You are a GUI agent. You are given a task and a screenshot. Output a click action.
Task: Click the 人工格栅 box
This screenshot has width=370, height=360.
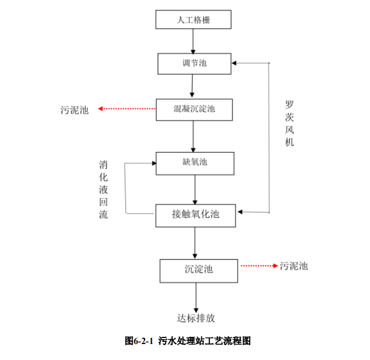tap(193, 20)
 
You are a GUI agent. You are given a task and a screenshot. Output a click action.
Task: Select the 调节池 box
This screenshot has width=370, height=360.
tap(194, 63)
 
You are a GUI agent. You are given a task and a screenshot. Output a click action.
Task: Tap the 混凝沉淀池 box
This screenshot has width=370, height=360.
tap(194, 109)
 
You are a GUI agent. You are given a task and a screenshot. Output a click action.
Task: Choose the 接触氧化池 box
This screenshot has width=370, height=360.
tap(196, 215)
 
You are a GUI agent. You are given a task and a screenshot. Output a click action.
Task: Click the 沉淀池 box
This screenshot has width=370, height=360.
tap(198, 270)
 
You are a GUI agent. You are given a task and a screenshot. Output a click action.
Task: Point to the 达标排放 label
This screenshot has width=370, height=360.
tap(196, 318)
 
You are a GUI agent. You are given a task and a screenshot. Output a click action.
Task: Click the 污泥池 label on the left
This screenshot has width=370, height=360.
tap(74, 110)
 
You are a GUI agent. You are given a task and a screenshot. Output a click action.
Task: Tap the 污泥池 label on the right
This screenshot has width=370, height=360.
tap(294, 266)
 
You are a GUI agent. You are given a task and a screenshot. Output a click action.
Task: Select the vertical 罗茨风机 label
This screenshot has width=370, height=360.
tap(290, 123)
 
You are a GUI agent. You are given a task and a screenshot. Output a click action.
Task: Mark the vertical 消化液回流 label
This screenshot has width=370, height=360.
tap(103, 189)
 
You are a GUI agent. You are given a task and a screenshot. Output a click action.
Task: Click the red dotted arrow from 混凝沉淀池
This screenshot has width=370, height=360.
tap(126, 109)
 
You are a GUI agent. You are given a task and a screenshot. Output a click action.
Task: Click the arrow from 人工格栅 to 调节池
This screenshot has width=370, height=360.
tap(193, 41)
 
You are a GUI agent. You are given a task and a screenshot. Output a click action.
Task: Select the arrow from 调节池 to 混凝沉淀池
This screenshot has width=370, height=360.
tap(192, 86)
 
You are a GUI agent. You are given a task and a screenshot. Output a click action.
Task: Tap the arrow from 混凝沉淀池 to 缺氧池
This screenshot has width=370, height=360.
tap(192, 136)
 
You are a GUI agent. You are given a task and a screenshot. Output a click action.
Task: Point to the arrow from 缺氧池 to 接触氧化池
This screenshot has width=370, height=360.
tap(195, 189)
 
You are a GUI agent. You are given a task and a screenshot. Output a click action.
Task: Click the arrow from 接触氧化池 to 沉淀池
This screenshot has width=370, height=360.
tap(195, 242)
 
